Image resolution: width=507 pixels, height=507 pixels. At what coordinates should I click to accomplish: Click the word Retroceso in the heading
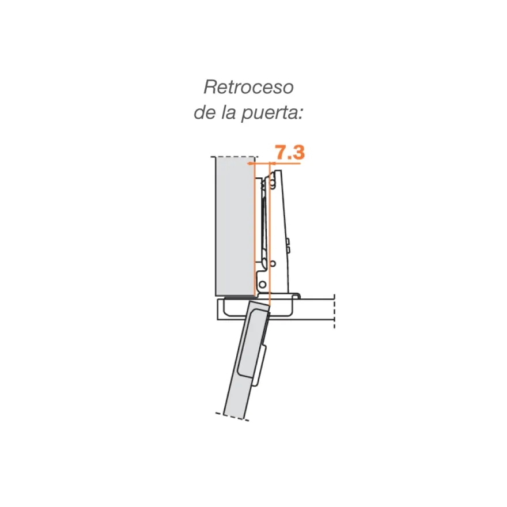(x=248, y=87)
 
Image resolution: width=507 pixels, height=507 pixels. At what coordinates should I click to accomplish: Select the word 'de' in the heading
(x=205, y=112)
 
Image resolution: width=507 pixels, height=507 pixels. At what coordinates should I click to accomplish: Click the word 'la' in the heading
(x=228, y=112)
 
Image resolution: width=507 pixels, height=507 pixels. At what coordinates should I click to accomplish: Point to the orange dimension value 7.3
(x=290, y=152)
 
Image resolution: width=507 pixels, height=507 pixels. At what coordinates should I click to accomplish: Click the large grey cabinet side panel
(x=234, y=226)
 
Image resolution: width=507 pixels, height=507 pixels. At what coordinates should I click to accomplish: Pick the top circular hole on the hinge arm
(x=273, y=186)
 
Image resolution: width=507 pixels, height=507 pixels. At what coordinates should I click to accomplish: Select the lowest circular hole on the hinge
(x=263, y=285)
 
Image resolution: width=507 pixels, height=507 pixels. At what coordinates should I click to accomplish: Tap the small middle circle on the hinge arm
(x=273, y=263)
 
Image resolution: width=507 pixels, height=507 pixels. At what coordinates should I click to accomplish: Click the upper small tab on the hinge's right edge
(x=287, y=242)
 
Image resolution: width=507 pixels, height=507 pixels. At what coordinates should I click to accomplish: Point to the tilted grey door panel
(x=245, y=360)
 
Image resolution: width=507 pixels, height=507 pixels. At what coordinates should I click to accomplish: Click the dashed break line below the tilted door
(x=232, y=417)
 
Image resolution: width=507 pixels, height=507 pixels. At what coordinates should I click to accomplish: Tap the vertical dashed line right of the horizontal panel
(x=334, y=311)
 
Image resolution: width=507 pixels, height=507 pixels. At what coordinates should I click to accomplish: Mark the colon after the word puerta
(x=301, y=115)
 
